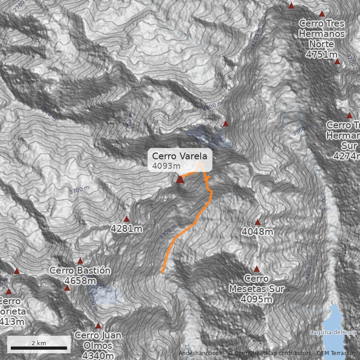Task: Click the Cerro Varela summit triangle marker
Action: click(x=180, y=180)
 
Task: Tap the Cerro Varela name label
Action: click(x=180, y=156)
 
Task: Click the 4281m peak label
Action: click(x=126, y=229)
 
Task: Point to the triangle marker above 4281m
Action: click(x=126, y=219)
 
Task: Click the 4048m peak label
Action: click(x=257, y=232)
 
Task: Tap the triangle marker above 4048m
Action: click(x=257, y=222)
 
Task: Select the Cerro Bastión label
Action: click(x=80, y=270)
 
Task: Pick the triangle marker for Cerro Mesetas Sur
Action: click(x=256, y=269)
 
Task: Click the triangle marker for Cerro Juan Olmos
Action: click(x=98, y=325)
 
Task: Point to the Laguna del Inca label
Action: click(x=333, y=333)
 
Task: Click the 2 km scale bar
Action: click(x=39, y=348)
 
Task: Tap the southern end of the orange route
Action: click(x=162, y=272)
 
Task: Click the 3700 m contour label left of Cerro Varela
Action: click(x=80, y=190)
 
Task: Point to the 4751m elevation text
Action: click(x=321, y=54)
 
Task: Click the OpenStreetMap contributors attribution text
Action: click(x=270, y=353)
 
